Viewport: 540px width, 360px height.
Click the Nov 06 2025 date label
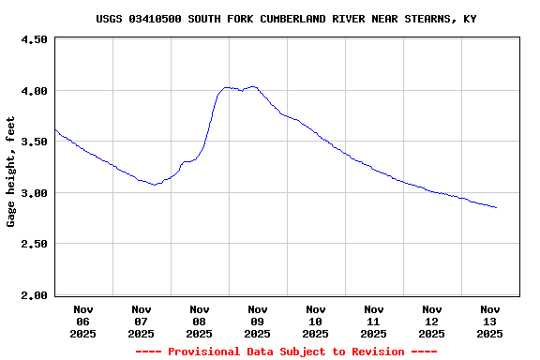[83, 321]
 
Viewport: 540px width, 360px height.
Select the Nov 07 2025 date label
[142, 321]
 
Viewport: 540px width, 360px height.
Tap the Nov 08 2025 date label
[200, 321]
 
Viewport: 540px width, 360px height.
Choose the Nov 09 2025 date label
[258, 321]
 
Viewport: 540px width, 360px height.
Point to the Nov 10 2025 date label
[316, 321]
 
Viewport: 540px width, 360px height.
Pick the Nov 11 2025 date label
[374, 321]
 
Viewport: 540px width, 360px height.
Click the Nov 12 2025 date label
[432, 321]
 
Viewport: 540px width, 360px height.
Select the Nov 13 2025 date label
[490, 321]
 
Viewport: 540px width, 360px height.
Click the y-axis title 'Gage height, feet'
[11, 172]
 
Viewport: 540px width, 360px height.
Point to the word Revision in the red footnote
[380, 352]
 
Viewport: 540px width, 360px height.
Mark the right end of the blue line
[496, 207]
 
